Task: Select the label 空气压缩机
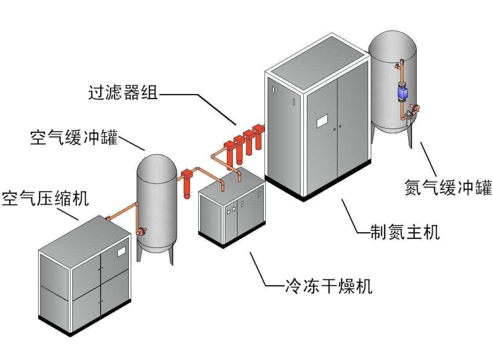tap(45, 199)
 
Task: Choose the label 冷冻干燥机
tap(327, 287)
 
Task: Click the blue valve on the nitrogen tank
tap(403, 93)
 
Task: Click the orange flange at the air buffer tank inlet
tap(140, 232)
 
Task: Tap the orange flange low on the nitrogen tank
tap(415, 108)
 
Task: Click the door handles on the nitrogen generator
tap(337, 128)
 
